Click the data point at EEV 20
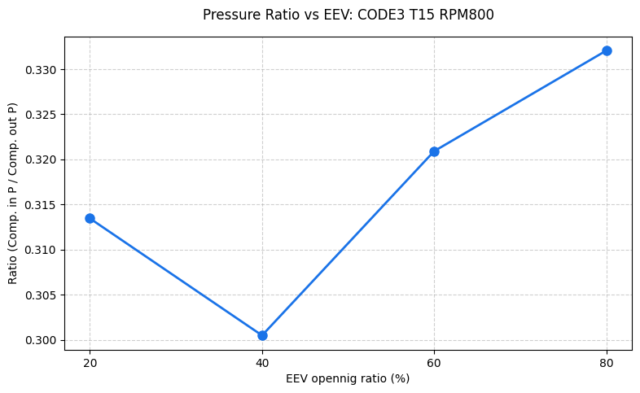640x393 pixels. pyautogui.click(x=90, y=218)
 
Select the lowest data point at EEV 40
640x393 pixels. pyautogui.click(x=262, y=335)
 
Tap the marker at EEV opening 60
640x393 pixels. pyautogui.click(x=434, y=151)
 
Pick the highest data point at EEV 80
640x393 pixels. pyautogui.click(x=607, y=50)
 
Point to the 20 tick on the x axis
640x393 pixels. pyautogui.click(x=90, y=363)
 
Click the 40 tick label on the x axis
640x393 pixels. pyautogui.click(x=262, y=363)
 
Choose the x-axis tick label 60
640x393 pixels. pyautogui.click(x=434, y=363)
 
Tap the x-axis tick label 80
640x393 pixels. pyautogui.click(x=607, y=363)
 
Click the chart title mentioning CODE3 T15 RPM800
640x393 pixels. pyautogui.click(x=348, y=15)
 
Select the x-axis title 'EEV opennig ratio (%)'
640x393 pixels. pyautogui.click(x=348, y=378)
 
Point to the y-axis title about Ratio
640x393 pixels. pyautogui.click(x=12, y=193)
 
